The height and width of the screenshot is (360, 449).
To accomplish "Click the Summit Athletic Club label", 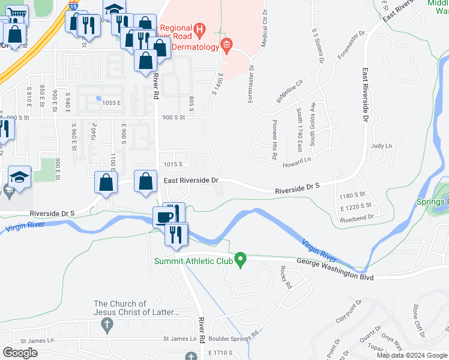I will [192, 261].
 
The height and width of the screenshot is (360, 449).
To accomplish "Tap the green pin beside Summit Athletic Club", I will [241, 260].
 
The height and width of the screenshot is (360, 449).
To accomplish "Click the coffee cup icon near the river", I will [164, 217].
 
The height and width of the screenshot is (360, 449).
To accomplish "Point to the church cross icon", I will [107, 326].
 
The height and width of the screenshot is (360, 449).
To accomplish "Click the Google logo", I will [20, 353].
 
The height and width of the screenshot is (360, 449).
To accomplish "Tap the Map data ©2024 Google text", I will [411, 355].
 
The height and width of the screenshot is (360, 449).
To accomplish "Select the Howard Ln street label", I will [298, 160].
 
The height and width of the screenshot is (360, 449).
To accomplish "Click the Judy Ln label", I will [381, 146].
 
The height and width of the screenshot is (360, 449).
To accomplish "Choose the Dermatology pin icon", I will [226, 44].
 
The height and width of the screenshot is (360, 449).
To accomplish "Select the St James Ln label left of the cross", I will [29, 340].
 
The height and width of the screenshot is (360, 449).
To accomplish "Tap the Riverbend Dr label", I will [357, 217].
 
